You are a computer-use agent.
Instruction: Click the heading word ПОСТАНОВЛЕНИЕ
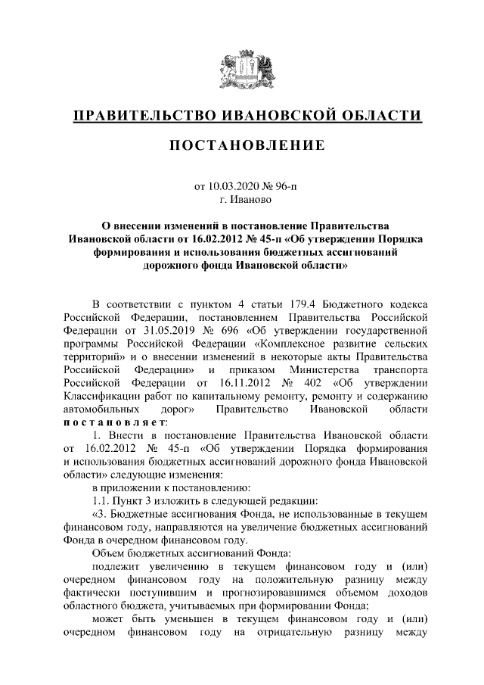241,145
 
